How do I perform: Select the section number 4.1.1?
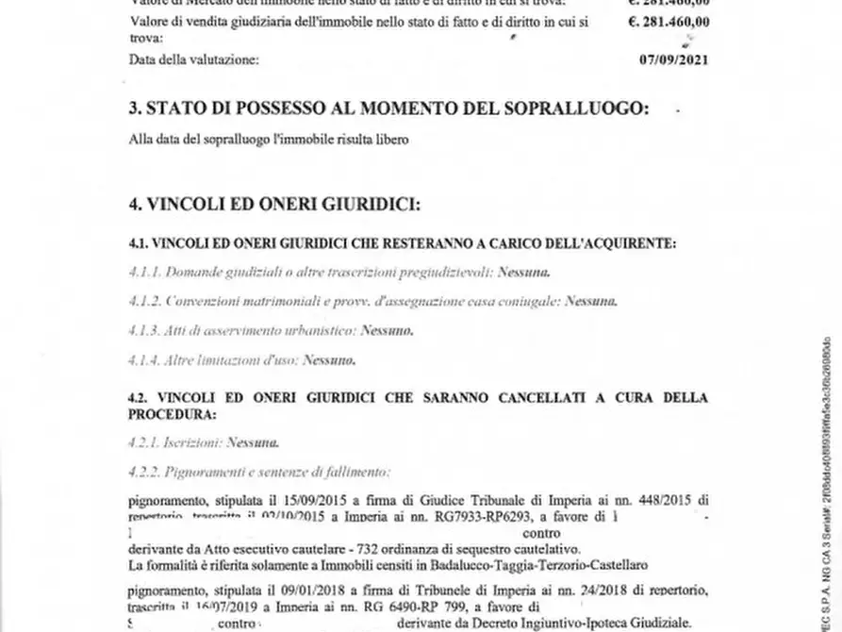point(144,272)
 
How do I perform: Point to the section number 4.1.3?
point(144,330)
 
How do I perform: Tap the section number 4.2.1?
point(144,441)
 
